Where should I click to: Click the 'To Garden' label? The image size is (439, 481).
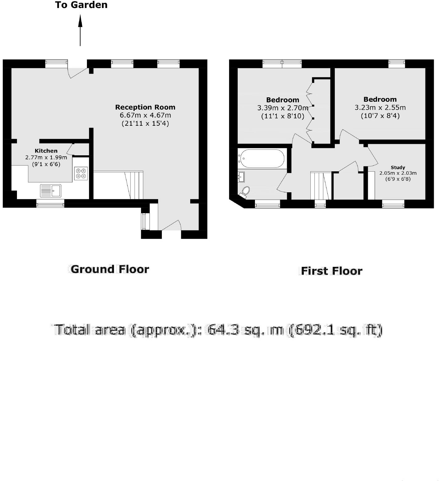(81, 5)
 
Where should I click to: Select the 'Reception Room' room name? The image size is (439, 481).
(145, 107)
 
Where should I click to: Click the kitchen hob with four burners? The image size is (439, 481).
(81, 173)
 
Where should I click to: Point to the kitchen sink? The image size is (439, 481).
(51, 190)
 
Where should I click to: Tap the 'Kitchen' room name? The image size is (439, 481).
(46, 151)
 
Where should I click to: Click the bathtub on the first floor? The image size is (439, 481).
(261, 159)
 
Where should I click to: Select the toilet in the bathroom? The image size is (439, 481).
(245, 191)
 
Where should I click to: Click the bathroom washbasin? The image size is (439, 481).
(241, 177)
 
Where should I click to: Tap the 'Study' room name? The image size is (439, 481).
(398, 168)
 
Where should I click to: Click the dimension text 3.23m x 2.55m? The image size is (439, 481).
(380, 108)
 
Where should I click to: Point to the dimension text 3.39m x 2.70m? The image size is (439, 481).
(283, 108)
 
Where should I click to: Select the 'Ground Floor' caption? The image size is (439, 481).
(110, 269)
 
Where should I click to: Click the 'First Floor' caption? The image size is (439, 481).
(331, 271)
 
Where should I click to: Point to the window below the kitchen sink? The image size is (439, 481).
(50, 203)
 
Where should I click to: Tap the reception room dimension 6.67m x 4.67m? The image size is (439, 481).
(145, 115)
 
